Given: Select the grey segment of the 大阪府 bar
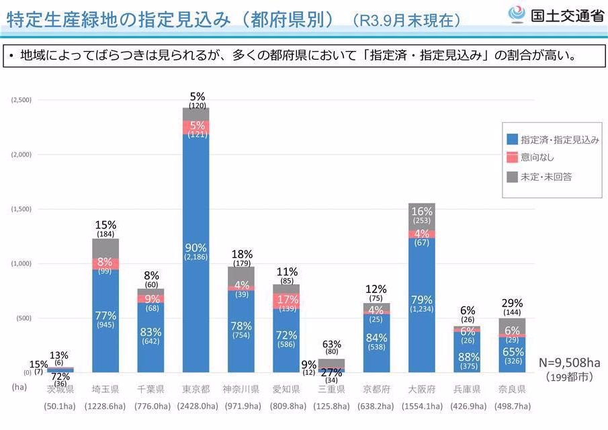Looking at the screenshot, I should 421,216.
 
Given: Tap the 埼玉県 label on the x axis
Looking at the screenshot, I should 105,389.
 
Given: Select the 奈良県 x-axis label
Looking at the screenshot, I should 512,389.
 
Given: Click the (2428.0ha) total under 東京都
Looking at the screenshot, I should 196,406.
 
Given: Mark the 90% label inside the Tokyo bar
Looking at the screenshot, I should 196,247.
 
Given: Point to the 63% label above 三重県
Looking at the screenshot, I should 331,343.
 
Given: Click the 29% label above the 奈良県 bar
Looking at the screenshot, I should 512,303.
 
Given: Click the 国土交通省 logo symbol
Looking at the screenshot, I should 517,15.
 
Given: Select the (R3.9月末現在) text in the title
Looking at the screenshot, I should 406,21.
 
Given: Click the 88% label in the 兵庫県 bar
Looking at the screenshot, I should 466,357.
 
